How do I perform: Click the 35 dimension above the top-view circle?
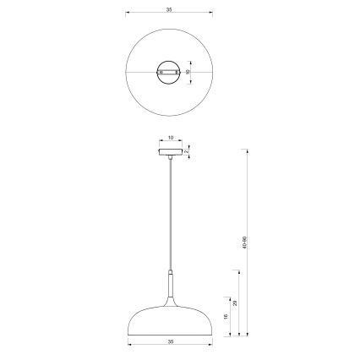[170, 10]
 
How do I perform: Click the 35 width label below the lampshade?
[170, 341]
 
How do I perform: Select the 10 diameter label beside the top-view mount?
[189, 73]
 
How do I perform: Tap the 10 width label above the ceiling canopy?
[170, 136]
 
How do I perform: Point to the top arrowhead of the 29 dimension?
[237, 271]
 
